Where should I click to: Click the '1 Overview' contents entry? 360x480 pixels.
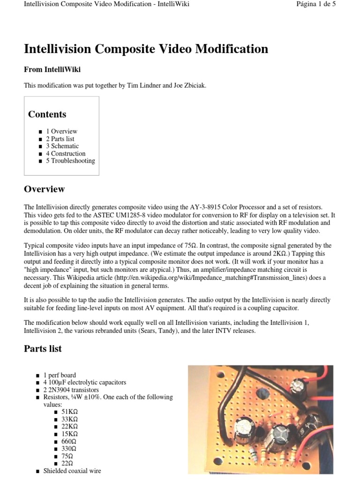[x=61, y=131]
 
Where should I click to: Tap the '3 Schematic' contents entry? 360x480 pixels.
[x=62, y=146]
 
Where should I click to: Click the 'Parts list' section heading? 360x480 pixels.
[x=43, y=349]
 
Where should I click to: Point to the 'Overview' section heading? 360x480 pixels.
[x=44, y=189]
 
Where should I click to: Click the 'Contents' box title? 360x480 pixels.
[x=47, y=114]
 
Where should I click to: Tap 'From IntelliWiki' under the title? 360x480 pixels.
[x=52, y=69]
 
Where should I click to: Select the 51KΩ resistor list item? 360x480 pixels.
[x=69, y=412]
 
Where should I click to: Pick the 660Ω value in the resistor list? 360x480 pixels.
[x=68, y=441]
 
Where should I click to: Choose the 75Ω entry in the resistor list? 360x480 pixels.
[x=67, y=456]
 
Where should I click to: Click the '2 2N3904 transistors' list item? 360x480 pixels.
[x=72, y=390]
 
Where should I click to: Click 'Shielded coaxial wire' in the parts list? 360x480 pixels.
[x=72, y=471]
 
